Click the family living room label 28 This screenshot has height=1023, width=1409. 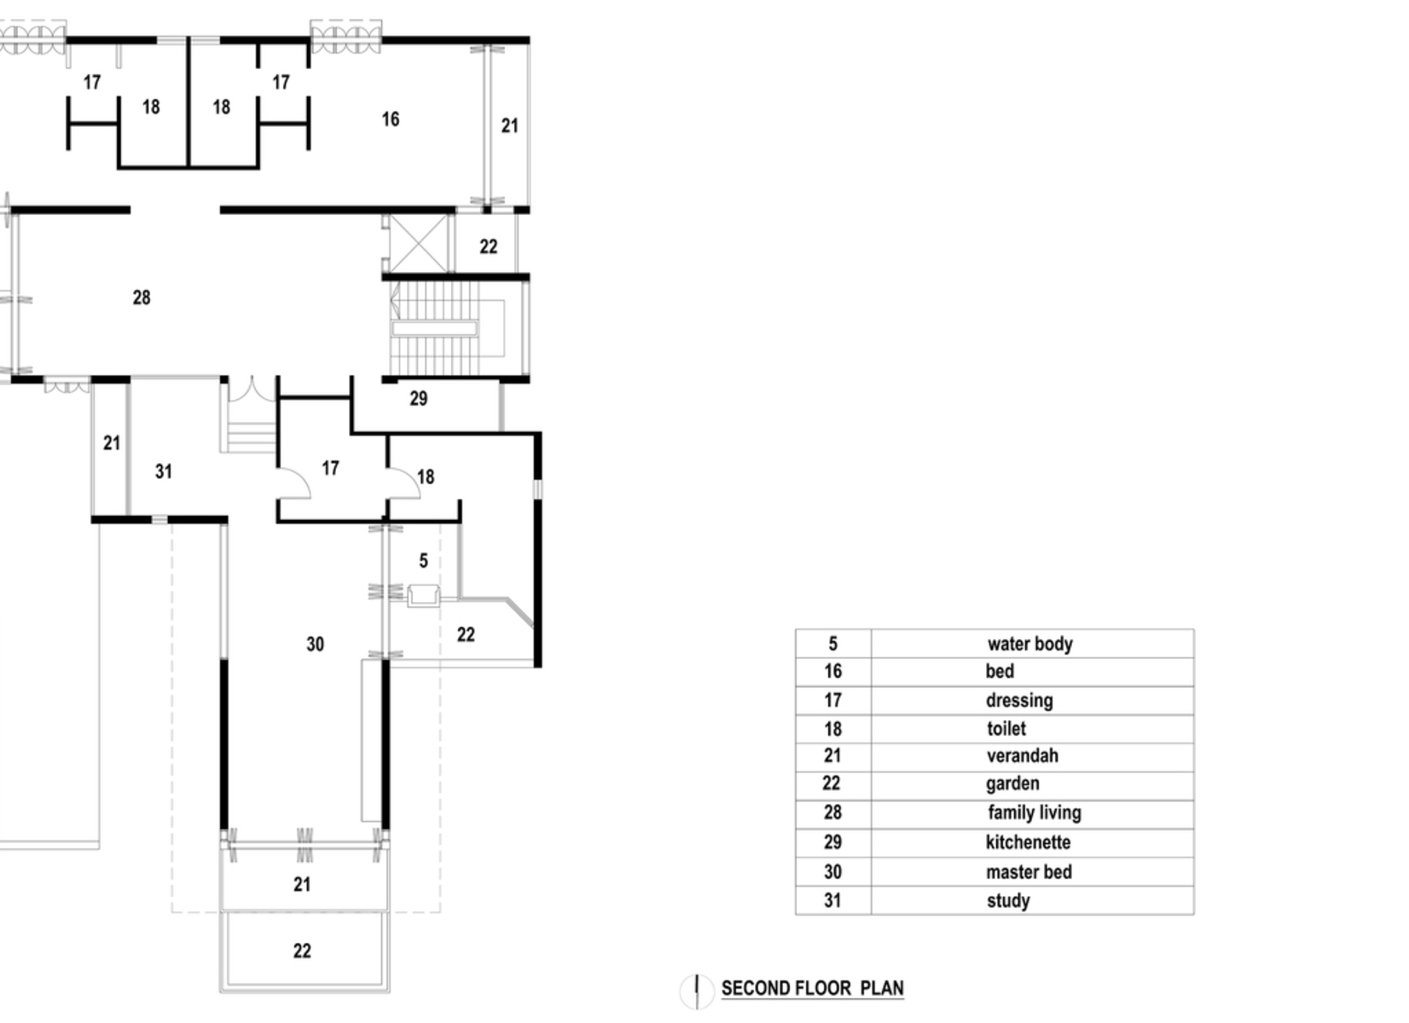[x=142, y=298]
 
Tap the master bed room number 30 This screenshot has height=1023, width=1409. [x=316, y=644]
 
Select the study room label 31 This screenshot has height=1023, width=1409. [x=164, y=471]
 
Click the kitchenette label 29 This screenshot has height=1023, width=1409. [x=418, y=398]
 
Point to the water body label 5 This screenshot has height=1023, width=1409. [x=424, y=561]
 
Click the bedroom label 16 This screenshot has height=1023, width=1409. [x=391, y=119]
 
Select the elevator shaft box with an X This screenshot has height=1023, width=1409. [x=418, y=243]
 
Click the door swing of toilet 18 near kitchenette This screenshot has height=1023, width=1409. [x=404, y=483]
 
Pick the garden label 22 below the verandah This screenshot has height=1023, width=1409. [x=302, y=951]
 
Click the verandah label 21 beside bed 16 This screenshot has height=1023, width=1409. [x=509, y=126]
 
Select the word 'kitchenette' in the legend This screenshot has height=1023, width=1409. [x=1028, y=842]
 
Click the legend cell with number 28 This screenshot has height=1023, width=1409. [x=832, y=812]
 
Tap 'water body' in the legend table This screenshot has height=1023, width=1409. [x=1029, y=644]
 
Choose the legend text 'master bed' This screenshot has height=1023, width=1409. [x=1029, y=872]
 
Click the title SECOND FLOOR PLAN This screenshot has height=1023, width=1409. [x=812, y=988]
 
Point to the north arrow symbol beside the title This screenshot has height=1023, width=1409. [x=697, y=991]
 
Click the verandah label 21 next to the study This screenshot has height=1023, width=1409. [x=112, y=443]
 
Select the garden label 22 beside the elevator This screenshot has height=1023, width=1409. [x=488, y=246]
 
